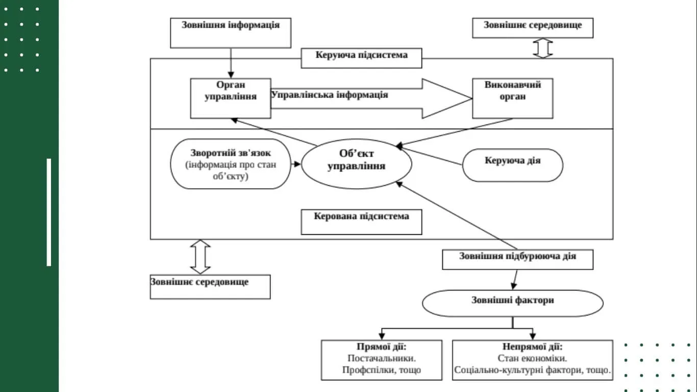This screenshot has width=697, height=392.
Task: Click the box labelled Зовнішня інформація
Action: click(x=231, y=33)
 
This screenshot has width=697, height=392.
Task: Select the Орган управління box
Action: click(x=231, y=98)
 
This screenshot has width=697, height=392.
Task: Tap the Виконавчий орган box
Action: click(x=512, y=98)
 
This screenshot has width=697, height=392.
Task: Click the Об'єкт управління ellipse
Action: click(x=356, y=163)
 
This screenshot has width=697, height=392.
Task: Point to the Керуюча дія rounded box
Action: click(x=512, y=165)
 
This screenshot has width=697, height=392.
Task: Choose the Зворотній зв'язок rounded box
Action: click(x=230, y=164)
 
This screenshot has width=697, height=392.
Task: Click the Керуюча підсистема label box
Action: click(x=361, y=58)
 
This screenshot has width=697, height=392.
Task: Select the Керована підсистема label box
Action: click(x=361, y=222)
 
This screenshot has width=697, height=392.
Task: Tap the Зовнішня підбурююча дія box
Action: click(x=517, y=259)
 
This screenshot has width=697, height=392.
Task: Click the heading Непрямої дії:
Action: click(x=532, y=346)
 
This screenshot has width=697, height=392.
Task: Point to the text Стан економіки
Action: click(x=532, y=358)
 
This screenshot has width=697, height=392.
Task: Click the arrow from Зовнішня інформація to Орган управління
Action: click(x=231, y=63)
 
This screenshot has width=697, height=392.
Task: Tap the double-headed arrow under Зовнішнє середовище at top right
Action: click(x=543, y=48)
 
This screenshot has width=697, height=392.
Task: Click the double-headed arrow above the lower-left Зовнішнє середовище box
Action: click(x=200, y=257)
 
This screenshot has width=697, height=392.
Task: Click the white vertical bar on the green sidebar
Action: click(x=49, y=212)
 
